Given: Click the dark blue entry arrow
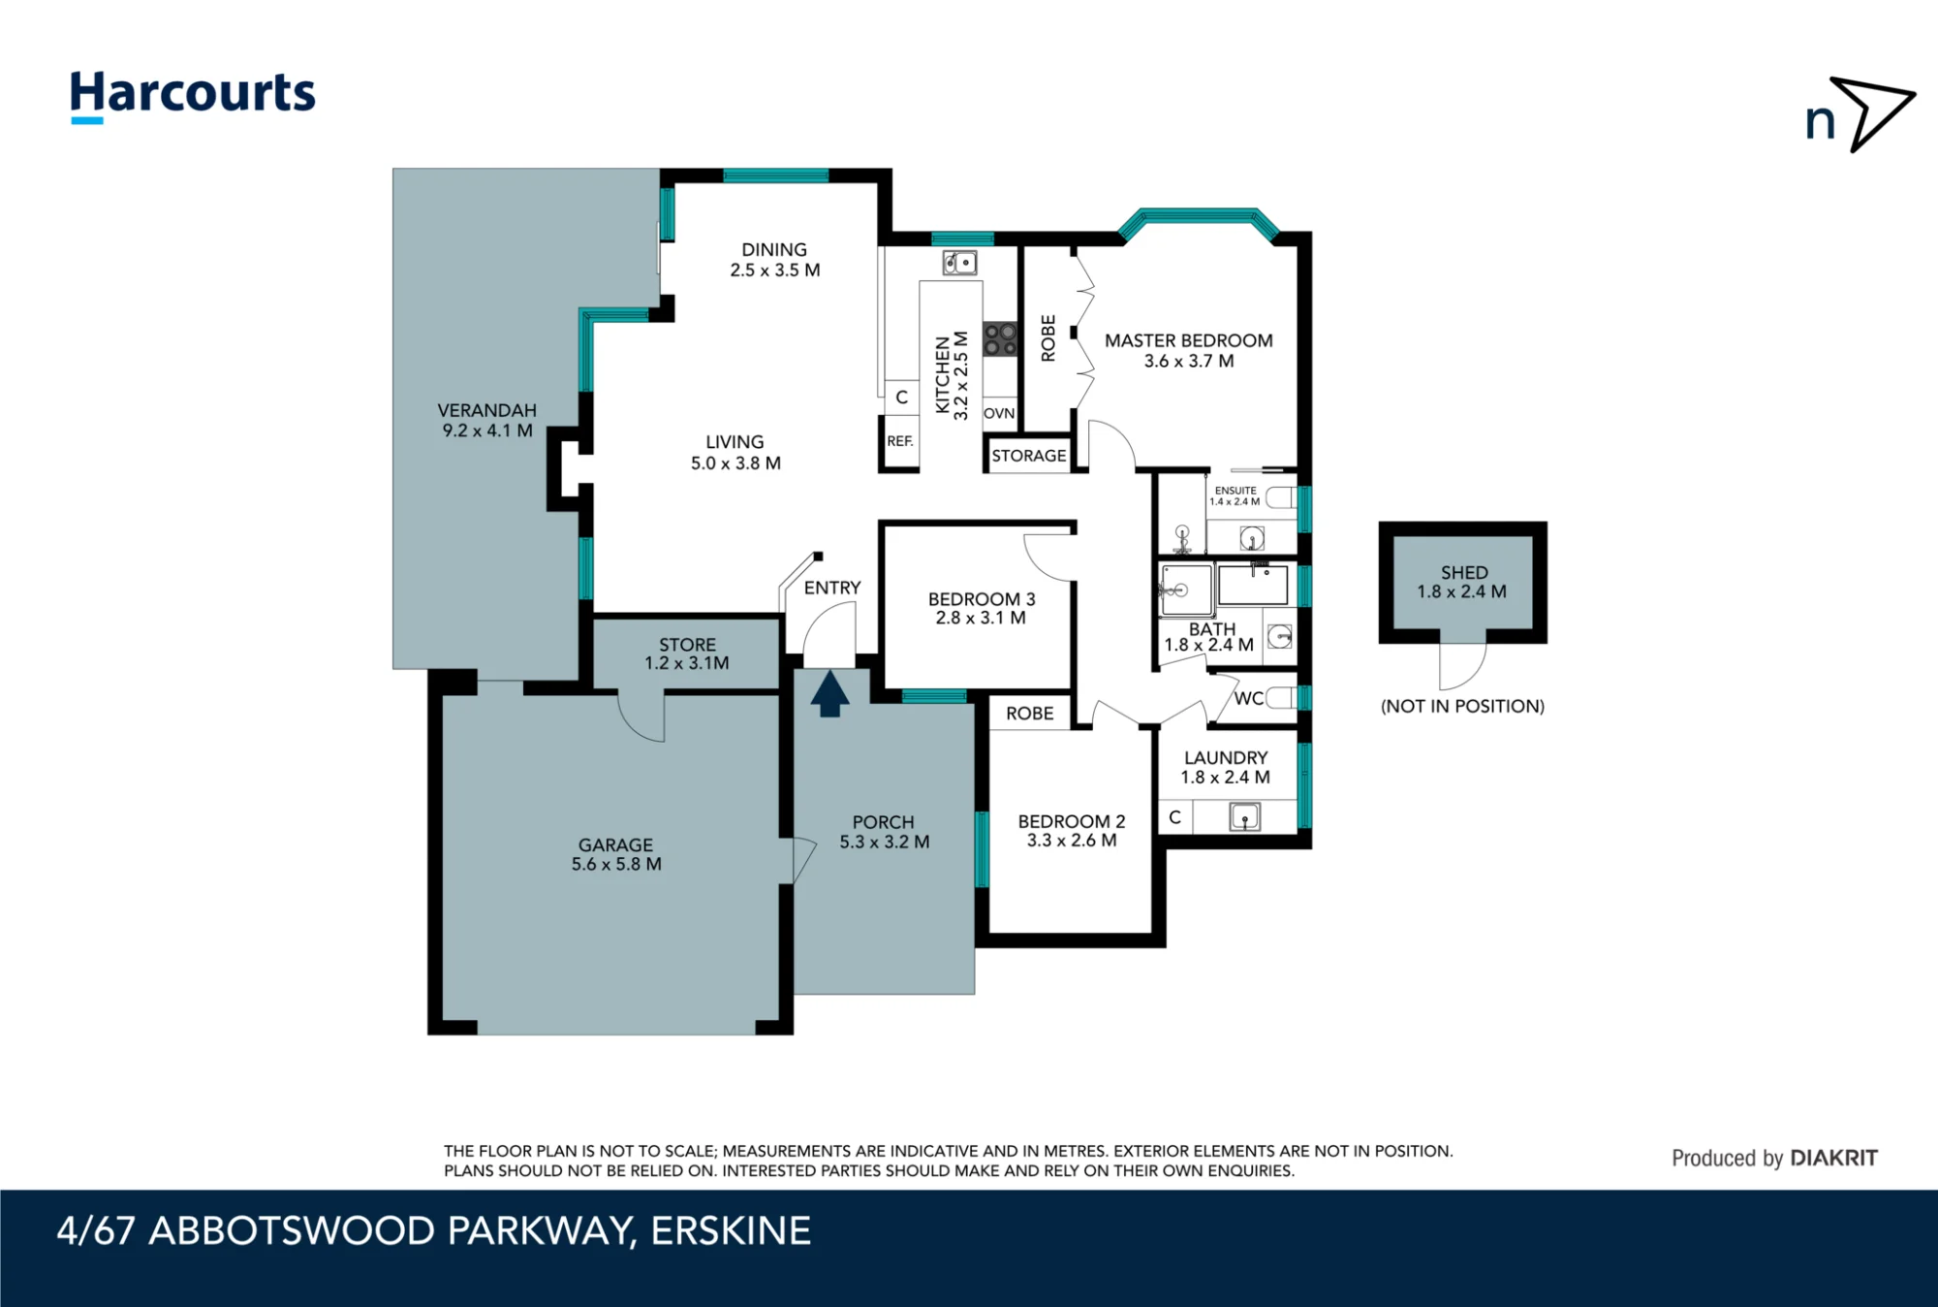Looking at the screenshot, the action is coord(829,694).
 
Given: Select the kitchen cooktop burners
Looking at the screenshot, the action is coord(1000,339).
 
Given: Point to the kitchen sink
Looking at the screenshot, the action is coord(959,263).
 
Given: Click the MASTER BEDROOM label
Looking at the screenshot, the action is coord(1189,340).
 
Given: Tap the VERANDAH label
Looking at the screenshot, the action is coord(486,410).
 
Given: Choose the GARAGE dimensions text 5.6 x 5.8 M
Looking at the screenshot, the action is coord(616,864).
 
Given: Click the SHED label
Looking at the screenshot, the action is coord(1463,572).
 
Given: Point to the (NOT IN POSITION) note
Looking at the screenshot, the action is coord(1462,706).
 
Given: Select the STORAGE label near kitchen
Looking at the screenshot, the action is coord(1029,456).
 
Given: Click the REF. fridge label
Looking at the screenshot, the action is coord(900,441).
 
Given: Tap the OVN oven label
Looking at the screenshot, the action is coord(999,413).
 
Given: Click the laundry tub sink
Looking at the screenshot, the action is coord(1244,817).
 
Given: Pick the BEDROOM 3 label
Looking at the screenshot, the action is coord(982,599).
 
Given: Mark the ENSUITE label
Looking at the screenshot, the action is coord(1235,491).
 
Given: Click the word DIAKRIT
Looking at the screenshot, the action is coord(1833,1158).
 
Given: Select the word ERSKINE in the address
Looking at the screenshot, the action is coord(731,1231).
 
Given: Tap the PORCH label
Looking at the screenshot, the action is coord(884,822).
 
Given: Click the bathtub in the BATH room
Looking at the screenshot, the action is coord(1253,586).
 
